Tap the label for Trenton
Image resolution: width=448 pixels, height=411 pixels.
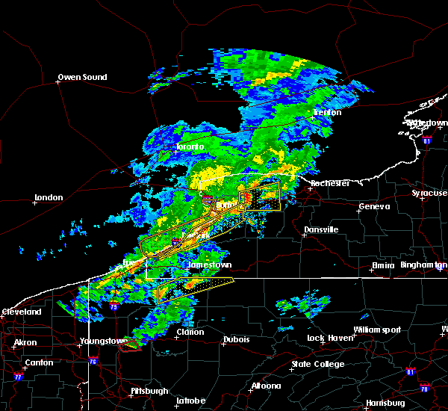coord(327,113)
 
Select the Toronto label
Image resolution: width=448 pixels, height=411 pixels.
coord(190,147)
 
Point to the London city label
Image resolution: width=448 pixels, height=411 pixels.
coord(47,198)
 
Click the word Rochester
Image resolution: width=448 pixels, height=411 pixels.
coord(330,183)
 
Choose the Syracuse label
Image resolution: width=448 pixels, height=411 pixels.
coord(429,194)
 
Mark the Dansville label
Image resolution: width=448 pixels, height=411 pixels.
coord(320,229)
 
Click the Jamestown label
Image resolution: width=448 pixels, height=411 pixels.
coord(208,265)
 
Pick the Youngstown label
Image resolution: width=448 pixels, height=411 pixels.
coord(103,342)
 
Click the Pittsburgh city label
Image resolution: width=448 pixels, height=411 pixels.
coord(146,391)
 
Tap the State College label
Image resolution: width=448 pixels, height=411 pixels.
coord(317,364)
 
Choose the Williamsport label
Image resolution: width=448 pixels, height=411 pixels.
coord(377,330)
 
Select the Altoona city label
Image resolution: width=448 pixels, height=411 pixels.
coord(265,386)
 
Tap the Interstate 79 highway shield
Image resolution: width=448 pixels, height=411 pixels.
coord(113,306)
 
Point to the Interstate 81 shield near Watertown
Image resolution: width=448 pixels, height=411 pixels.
coord(426,140)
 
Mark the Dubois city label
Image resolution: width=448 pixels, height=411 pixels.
coord(236,340)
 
